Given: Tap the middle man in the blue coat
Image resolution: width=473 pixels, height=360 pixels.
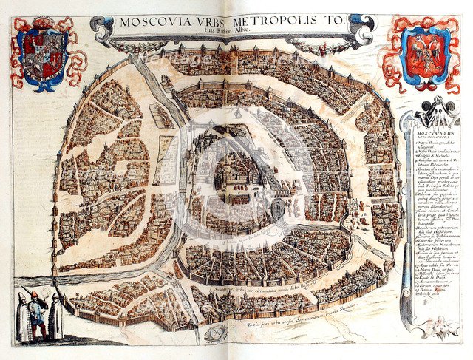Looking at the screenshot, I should click(x=36, y=314).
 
